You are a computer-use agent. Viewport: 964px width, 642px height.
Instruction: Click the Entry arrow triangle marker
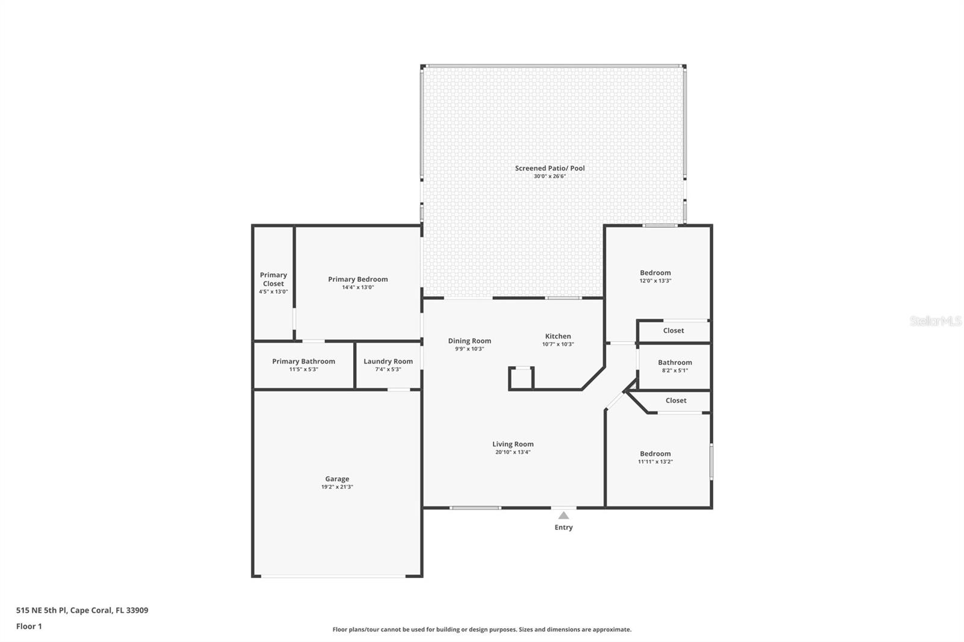(x=563, y=516)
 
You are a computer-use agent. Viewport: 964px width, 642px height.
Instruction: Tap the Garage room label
(x=337, y=479)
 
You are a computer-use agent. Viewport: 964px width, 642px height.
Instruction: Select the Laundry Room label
(x=388, y=361)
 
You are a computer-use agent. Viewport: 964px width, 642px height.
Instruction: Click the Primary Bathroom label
(x=303, y=361)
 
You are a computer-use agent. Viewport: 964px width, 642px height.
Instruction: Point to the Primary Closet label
(x=273, y=279)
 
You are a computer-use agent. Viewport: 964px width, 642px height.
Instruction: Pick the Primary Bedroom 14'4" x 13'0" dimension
(x=358, y=287)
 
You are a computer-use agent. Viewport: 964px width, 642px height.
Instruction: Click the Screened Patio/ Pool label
(x=549, y=169)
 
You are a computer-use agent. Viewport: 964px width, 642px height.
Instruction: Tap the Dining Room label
(x=469, y=341)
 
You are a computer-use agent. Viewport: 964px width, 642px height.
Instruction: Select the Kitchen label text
(x=558, y=337)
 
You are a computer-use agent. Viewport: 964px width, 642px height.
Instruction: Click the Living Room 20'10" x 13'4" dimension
(x=513, y=452)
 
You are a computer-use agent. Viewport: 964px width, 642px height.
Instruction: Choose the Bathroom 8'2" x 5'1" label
(x=675, y=366)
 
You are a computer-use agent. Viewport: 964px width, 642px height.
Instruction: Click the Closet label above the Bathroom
(x=673, y=331)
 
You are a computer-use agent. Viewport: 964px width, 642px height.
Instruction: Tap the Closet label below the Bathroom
(x=675, y=400)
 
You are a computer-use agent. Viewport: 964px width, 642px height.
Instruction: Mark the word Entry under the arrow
(x=563, y=528)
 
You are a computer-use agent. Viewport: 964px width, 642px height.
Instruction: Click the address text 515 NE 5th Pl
(x=42, y=610)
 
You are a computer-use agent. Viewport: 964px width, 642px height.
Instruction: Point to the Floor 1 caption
(x=29, y=626)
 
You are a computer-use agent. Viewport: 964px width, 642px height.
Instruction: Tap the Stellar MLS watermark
(x=935, y=322)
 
